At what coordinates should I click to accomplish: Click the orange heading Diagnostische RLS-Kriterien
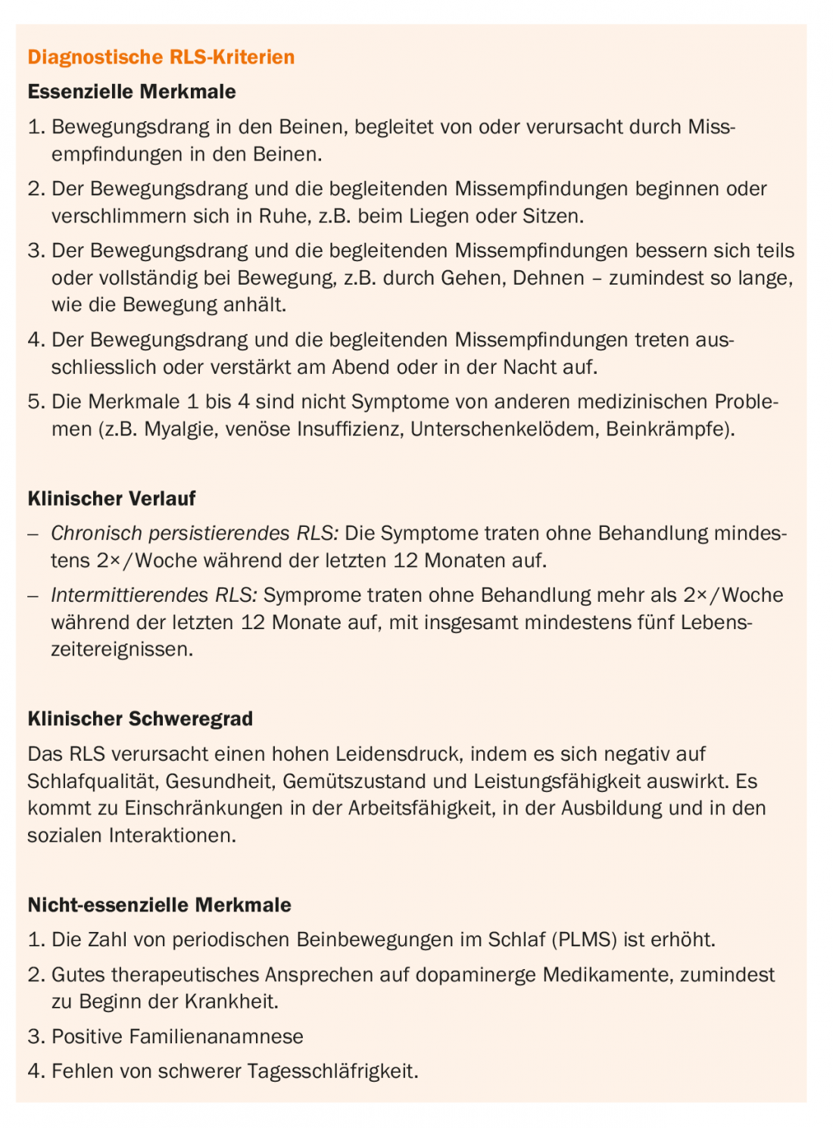161,58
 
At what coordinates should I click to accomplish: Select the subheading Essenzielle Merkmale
132,92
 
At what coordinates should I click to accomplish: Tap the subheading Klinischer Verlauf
111,499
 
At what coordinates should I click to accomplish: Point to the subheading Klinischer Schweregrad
140,719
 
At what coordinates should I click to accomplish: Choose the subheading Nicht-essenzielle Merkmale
159,905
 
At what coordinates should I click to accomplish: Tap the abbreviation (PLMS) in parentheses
584,940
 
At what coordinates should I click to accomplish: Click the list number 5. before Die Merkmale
36,402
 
